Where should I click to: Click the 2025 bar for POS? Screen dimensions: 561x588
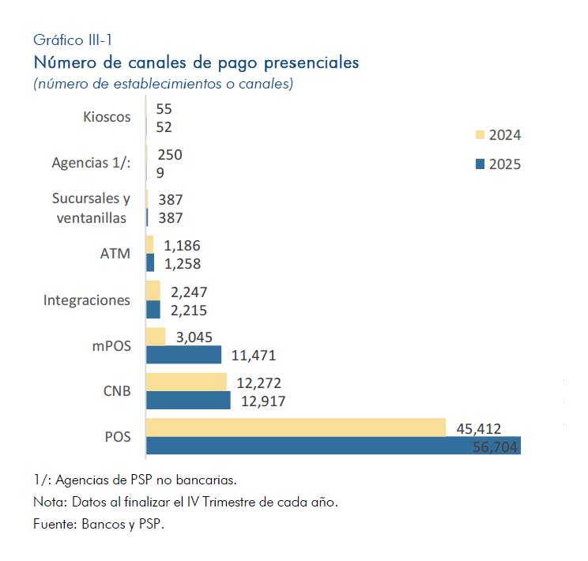coord(332,446)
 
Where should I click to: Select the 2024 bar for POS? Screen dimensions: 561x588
coord(296,427)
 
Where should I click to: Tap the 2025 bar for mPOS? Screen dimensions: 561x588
coord(183,355)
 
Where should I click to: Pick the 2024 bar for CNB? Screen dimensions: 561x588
coord(186,382)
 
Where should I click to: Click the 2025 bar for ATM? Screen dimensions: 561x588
coord(150,262)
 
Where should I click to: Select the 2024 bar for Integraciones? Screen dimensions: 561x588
coord(153,290)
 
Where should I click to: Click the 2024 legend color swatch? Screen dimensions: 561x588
coord(479,134)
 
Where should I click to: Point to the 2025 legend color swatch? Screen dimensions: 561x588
coord(479,164)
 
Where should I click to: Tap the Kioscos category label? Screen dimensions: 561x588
coord(107,117)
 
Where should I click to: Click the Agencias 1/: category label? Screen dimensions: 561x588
coord(91,162)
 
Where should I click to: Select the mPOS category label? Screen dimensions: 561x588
coord(111,345)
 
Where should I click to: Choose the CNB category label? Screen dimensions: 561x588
coord(117,391)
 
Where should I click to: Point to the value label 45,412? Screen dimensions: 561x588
coord(479,428)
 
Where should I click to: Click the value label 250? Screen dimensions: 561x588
coord(170,155)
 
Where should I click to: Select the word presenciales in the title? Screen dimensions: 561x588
coord(311,61)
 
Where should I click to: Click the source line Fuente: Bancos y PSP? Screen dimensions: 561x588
coord(99,523)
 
